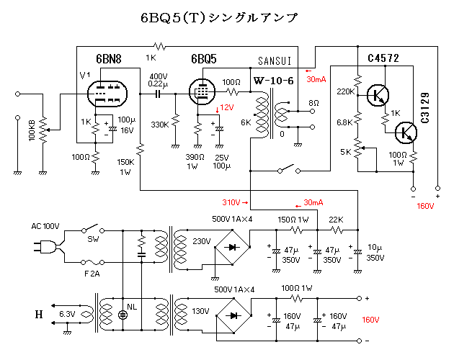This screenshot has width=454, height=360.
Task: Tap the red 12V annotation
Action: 227,107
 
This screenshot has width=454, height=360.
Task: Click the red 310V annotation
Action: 231,202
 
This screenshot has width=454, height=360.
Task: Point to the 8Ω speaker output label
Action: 313,103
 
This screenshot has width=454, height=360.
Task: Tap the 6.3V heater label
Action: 67,315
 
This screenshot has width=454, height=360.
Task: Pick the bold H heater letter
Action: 38,315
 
